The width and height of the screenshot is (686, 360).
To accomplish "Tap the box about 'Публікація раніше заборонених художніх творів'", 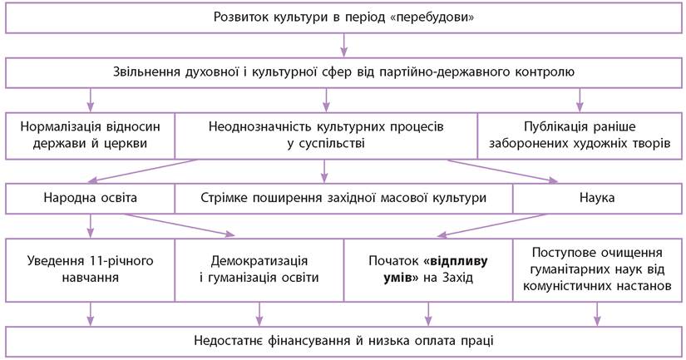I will point(580,136).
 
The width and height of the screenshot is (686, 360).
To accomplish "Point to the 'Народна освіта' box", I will point(91,199).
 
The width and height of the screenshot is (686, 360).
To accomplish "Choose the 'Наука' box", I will point(596,199).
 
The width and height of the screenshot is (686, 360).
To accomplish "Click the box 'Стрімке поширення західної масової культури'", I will point(343,199).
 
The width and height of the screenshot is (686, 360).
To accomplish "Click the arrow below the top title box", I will point(343,45).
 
